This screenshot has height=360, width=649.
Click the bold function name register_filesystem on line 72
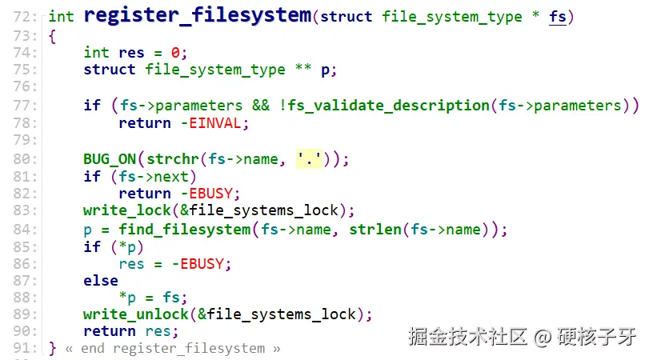[197, 16]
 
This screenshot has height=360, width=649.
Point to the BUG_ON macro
[110, 158]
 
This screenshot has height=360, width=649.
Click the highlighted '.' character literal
[308, 158]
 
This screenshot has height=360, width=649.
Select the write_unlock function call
[135, 314]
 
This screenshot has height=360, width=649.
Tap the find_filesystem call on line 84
[184, 230]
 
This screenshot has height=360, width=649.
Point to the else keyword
[100, 281]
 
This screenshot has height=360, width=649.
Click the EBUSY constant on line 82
[214, 194]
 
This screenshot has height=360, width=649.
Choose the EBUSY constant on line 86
[206, 263]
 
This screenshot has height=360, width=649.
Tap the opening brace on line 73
[53, 35]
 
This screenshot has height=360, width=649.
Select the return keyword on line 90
[109, 331]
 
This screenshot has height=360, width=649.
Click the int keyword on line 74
[96, 53]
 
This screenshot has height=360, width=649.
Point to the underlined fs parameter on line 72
[557, 17]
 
